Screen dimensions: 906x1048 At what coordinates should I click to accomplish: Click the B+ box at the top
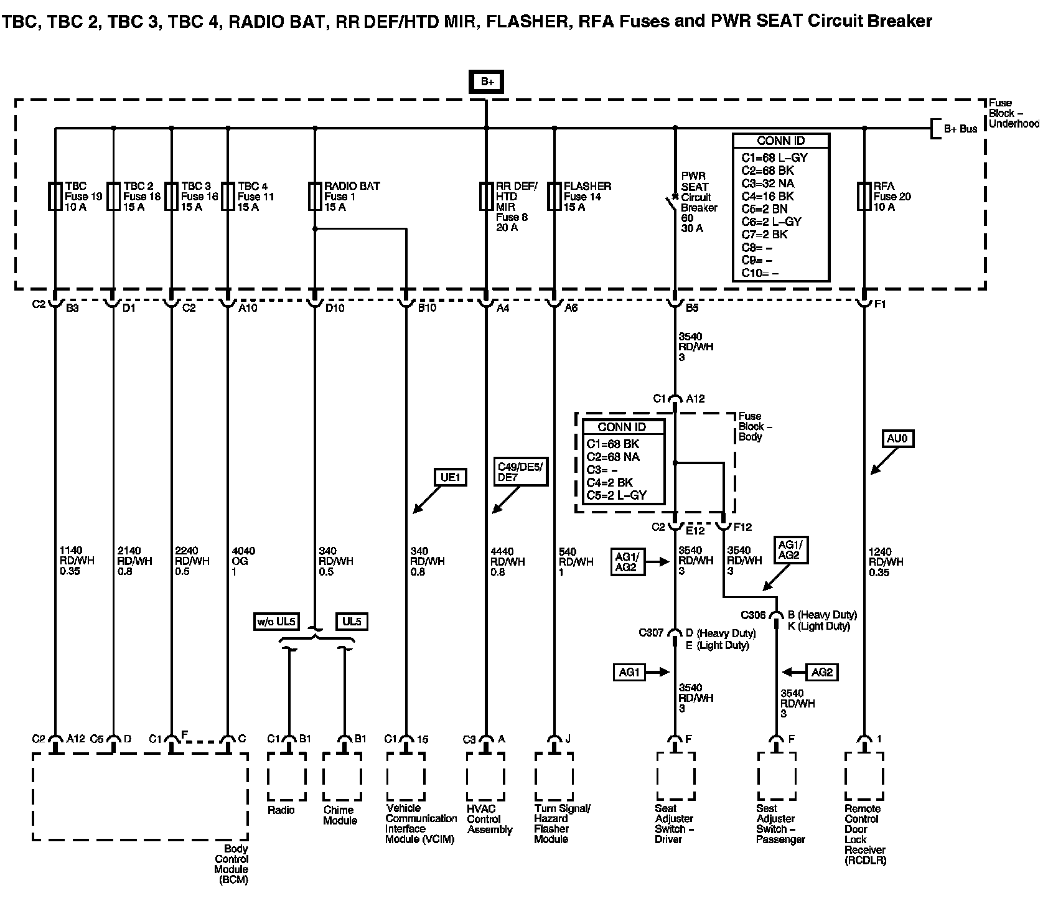pos(486,82)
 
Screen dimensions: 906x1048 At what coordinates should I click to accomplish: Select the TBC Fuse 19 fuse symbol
pos(55,196)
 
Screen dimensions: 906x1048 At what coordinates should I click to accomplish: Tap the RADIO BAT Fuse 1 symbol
pos(315,196)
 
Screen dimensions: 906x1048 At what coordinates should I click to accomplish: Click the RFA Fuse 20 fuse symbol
pos(864,196)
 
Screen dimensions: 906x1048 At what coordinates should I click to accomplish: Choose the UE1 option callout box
pos(450,477)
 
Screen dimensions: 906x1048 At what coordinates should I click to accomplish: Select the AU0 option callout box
pos(897,439)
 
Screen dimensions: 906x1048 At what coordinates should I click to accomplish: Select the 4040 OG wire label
pos(243,561)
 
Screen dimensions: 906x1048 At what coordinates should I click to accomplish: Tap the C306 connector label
pos(753,615)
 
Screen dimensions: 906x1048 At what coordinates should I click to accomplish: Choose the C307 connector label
pos(651,633)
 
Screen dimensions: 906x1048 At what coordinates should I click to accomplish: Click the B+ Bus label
pos(960,129)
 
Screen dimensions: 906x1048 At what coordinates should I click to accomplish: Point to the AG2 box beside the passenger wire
pos(821,672)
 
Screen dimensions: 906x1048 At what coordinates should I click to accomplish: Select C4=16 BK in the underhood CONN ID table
pos(767,196)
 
